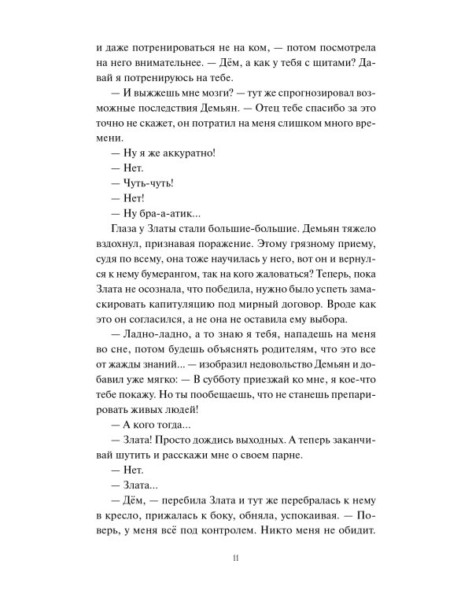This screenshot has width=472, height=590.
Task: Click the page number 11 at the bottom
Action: point(236,559)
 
